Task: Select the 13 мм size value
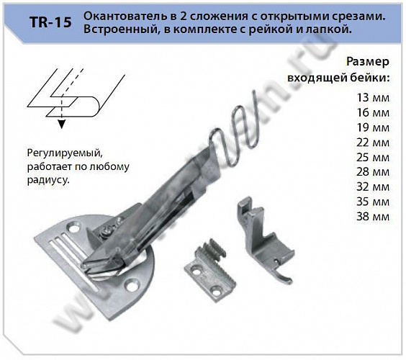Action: [373, 96]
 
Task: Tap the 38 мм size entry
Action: [373, 217]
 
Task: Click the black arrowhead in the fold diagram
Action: [62, 125]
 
